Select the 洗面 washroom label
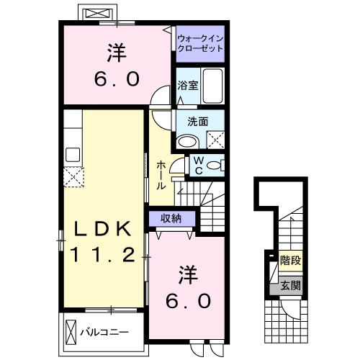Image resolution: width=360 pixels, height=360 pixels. coord(197,122)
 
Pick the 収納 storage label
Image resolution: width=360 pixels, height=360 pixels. coord(171,218)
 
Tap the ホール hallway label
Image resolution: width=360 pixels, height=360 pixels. coord(161,175)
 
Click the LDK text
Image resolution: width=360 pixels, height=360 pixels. coord(104,230)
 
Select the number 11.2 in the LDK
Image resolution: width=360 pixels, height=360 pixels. coord(104,254)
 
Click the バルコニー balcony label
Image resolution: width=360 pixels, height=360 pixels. coord(104,333)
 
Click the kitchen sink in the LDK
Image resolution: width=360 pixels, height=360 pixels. coord(72,153)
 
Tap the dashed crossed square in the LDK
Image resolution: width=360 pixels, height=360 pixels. coord(73,176)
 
